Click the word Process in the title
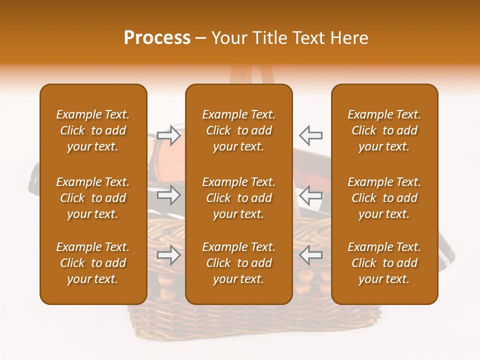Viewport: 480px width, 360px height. pos(157,38)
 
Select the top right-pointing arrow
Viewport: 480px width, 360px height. pos(169,135)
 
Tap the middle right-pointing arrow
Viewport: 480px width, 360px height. pos(169,194)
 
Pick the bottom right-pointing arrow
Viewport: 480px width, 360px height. pos(169,255)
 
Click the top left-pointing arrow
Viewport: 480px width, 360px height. pos(310,135)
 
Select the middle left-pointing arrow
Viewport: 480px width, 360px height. pos(310,194)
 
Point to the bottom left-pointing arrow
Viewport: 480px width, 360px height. pos(310,255)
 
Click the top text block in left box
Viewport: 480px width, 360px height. pos(93,130)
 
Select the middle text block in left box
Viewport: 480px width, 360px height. pos(93,198)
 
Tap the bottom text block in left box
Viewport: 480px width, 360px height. pos(93,263)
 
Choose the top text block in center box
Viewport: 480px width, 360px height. pos(238,130)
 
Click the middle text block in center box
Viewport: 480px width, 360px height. pos(238,198)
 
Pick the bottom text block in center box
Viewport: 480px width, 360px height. pos(238,263)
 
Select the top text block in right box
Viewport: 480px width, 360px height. pos(384,130)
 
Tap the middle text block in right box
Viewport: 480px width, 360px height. pos(384,198)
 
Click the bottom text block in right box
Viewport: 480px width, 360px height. pos(384,263)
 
